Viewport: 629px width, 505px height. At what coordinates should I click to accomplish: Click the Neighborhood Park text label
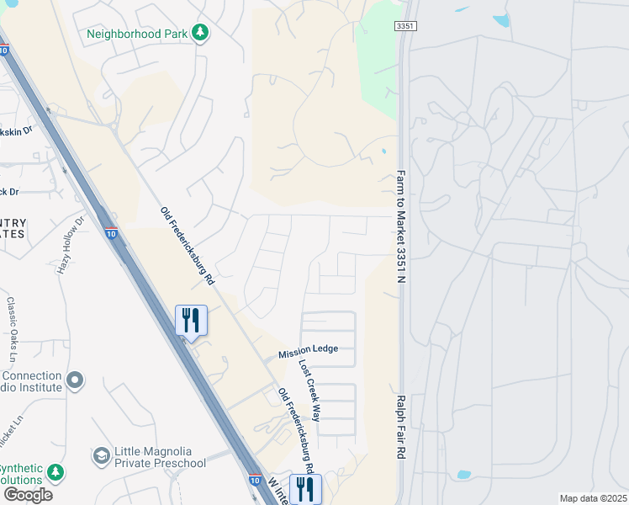click(x=138, y=34)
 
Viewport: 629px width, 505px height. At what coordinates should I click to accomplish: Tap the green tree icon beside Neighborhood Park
click(x=200, y=33)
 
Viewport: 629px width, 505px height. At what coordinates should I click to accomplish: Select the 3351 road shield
click(x=405, y=27)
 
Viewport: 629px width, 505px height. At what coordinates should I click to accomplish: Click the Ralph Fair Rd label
click(x=401, y=427)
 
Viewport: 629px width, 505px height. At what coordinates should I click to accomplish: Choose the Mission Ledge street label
click(x=309, y=349)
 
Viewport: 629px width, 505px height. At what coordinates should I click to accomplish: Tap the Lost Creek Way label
click(x=310, y=391)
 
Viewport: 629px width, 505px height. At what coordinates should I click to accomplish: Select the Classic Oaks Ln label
click(x=13, y=324)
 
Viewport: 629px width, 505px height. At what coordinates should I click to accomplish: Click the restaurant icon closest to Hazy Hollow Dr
click(x=191, y=320)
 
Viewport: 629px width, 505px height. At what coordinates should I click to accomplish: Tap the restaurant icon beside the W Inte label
click(x=304, y=489)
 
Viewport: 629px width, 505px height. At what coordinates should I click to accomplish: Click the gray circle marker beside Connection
click(x=75, y=381)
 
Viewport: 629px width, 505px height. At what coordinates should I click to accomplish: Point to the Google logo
click(x=28, y=495)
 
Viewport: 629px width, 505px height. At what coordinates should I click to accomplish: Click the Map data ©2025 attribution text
click(x=594, y=498)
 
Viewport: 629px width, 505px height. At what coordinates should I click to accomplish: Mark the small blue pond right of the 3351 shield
click(x=502, y=20)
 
